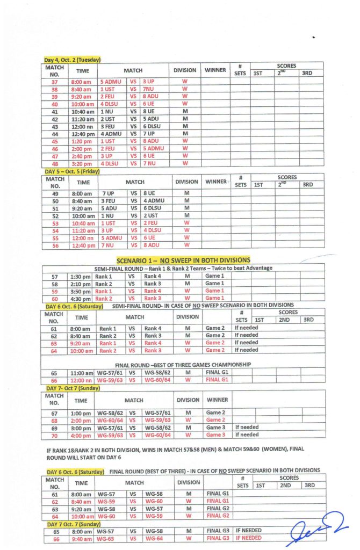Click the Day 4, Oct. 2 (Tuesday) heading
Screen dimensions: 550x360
72,60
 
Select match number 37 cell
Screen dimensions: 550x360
54,82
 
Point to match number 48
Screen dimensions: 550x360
54,163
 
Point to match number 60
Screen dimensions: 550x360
54,299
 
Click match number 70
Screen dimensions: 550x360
54,435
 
